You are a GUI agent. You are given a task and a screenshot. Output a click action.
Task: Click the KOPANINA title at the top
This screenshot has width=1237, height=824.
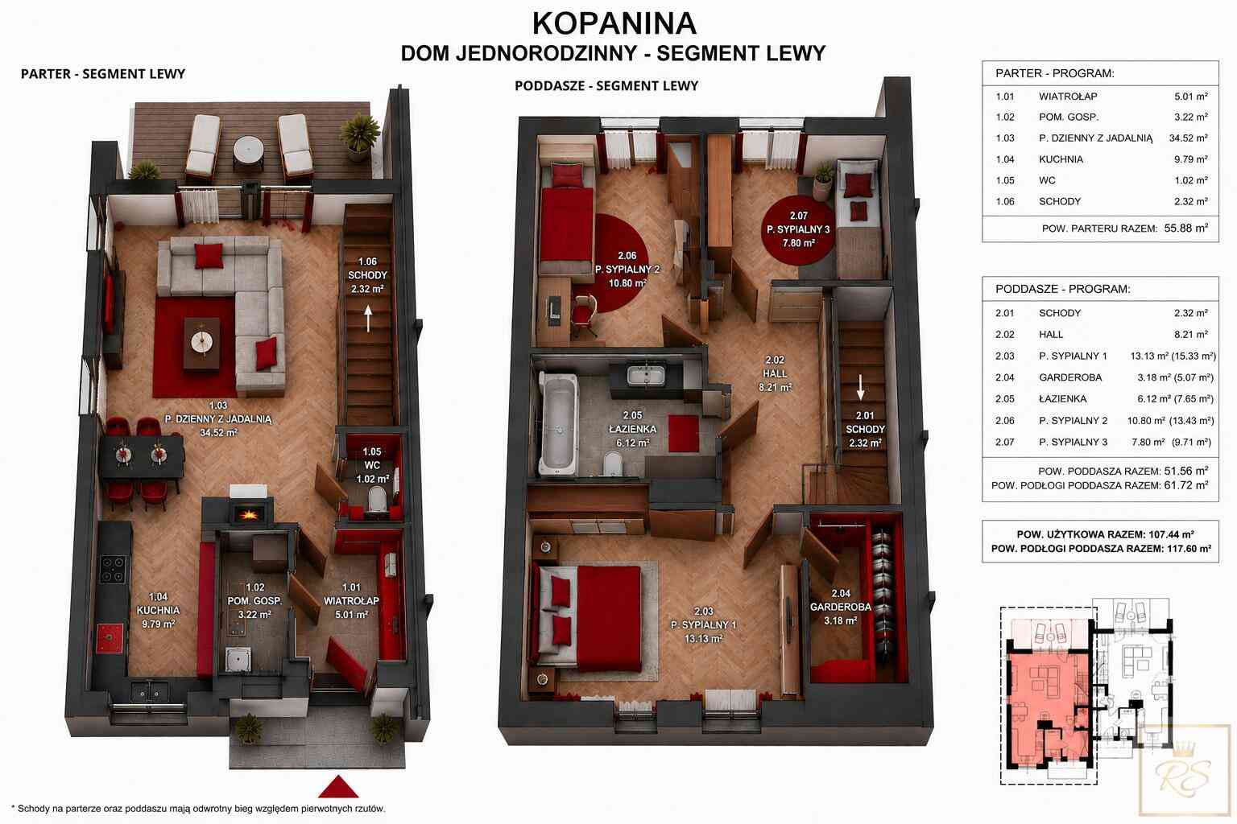(614, 23)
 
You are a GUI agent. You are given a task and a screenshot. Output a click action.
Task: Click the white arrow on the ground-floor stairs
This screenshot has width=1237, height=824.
(368, 319)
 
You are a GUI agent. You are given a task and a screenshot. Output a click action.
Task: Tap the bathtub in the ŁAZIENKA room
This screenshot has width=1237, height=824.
(558, 423)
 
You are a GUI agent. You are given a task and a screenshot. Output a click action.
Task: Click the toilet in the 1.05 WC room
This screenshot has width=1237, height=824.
(377, 501)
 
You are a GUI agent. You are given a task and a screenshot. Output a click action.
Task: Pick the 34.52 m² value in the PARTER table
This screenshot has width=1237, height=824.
(1188, 138)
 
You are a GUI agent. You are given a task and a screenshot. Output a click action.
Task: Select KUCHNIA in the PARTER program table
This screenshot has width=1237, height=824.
(1061, 159)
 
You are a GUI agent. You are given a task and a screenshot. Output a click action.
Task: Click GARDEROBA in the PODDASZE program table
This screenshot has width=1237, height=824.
(1070, 377)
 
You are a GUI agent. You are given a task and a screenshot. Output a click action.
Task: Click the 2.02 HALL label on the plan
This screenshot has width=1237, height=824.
(775, 373)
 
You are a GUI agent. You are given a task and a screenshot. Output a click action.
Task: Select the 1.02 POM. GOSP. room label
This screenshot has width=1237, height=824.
(254, 601)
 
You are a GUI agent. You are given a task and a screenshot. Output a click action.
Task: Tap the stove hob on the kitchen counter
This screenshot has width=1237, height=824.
(113, 569)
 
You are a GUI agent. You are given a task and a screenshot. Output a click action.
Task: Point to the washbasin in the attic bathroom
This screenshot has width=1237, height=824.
(646, 375)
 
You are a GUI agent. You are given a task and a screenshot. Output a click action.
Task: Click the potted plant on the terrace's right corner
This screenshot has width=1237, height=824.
(359, 136)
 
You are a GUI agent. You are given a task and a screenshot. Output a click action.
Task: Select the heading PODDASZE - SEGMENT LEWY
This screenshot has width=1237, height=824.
(606, 86)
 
